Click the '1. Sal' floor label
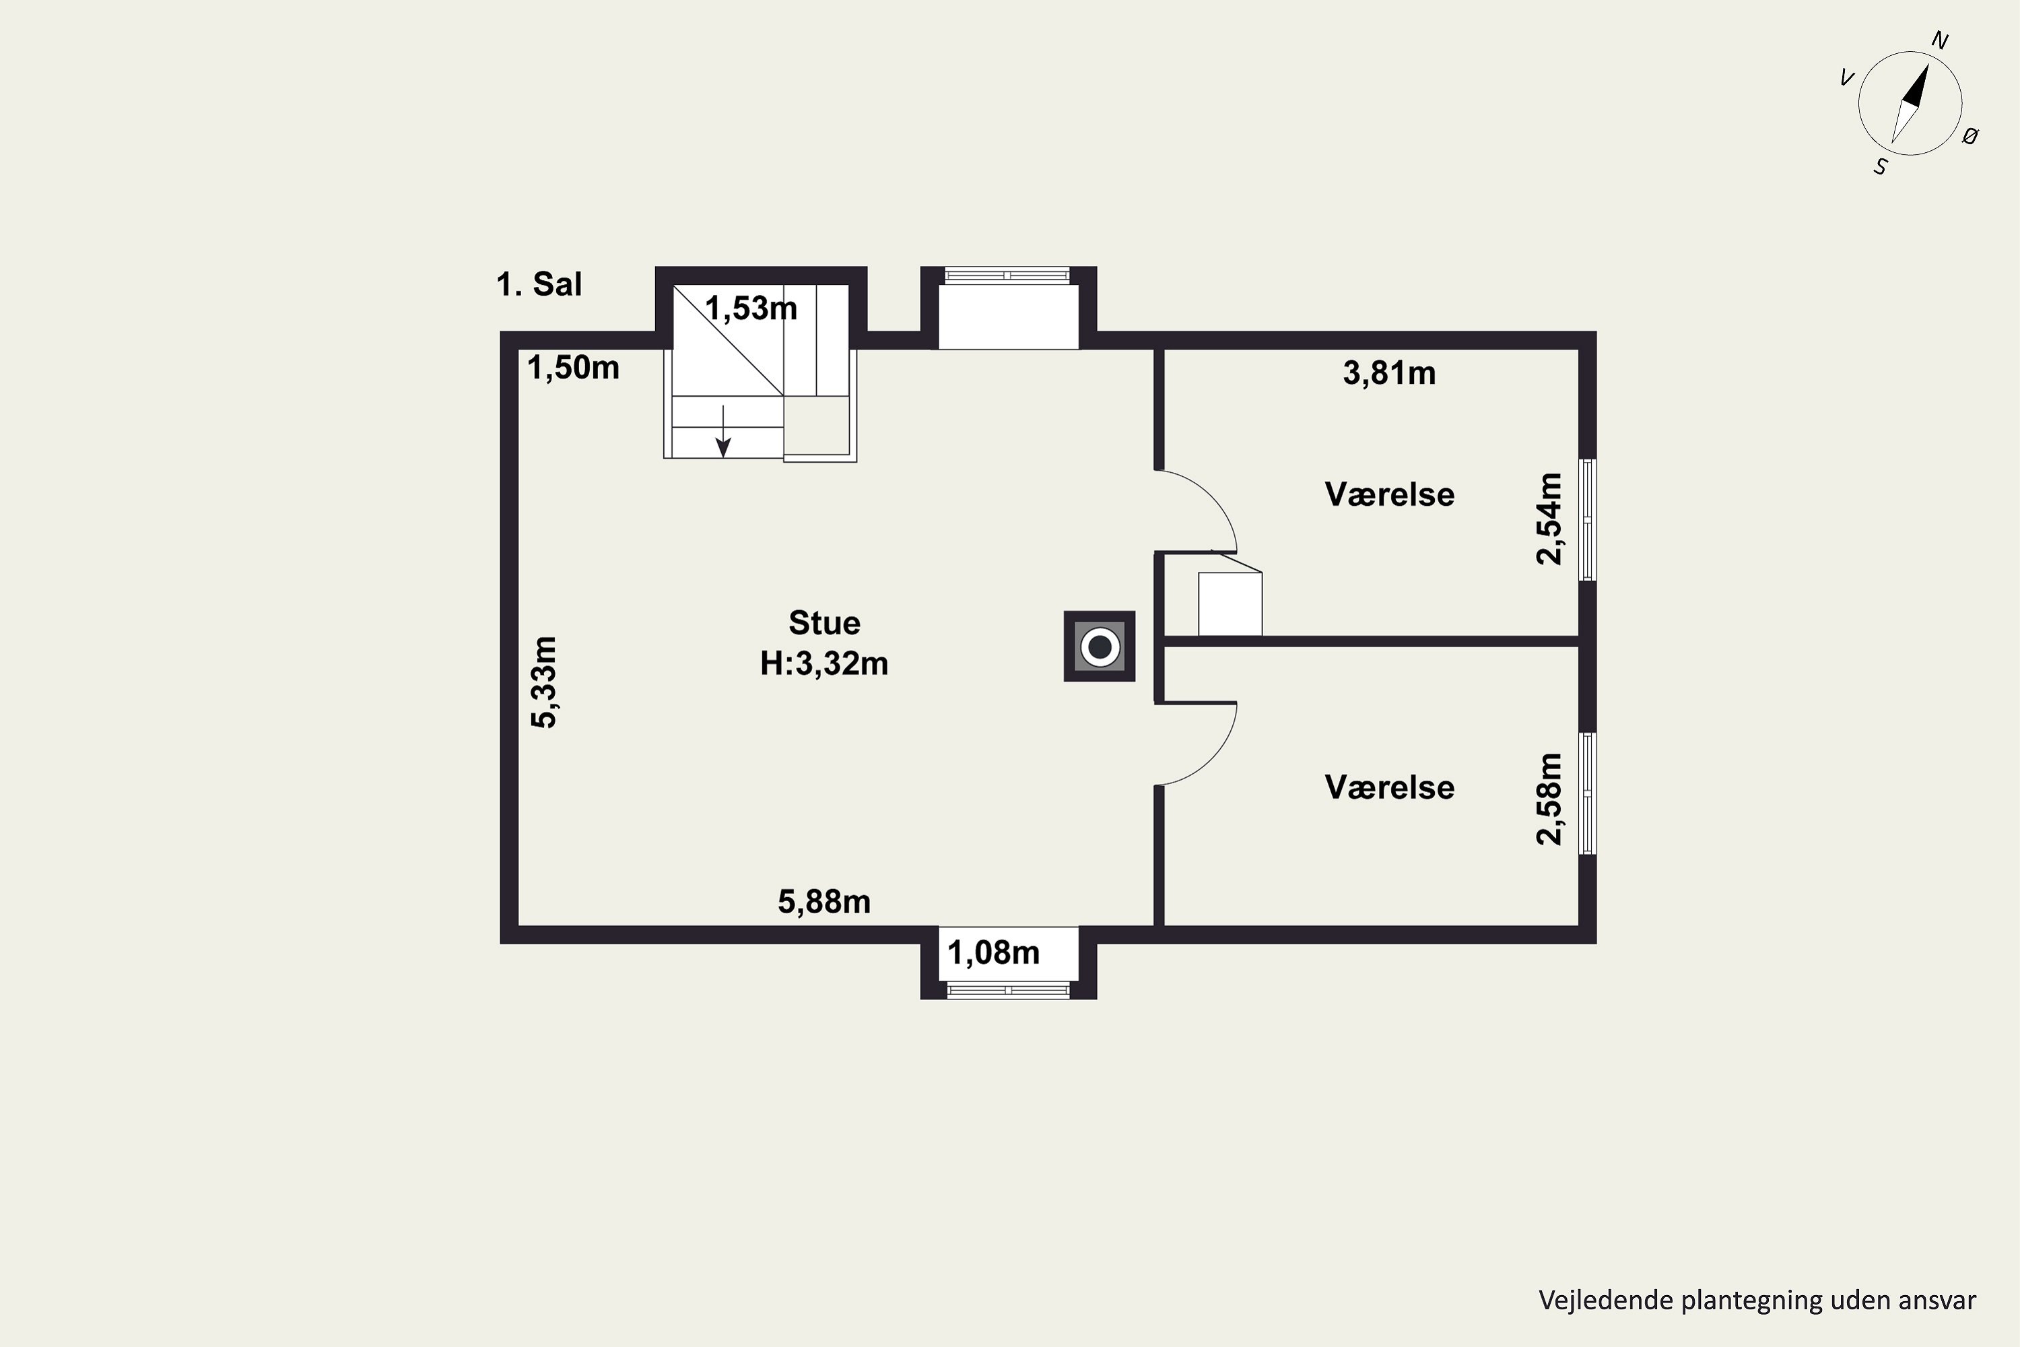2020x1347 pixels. pos(539,284)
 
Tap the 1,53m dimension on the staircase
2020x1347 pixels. pos(751,308)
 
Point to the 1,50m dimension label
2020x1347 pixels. pos(573,368)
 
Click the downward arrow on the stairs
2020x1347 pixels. pos(724,431)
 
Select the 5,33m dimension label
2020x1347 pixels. pos(545,682)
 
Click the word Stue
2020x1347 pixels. pos(824,622)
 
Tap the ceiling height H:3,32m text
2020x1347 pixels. pos(824,663)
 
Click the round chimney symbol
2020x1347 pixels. pos(1100,646)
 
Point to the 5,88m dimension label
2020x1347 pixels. pos(824,901)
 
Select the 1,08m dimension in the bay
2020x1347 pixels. pos(994,953)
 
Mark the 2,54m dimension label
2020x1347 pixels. pos(1549,518)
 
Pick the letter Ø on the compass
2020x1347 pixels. pos(1971,136)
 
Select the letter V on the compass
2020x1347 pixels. pos(1846,78)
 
